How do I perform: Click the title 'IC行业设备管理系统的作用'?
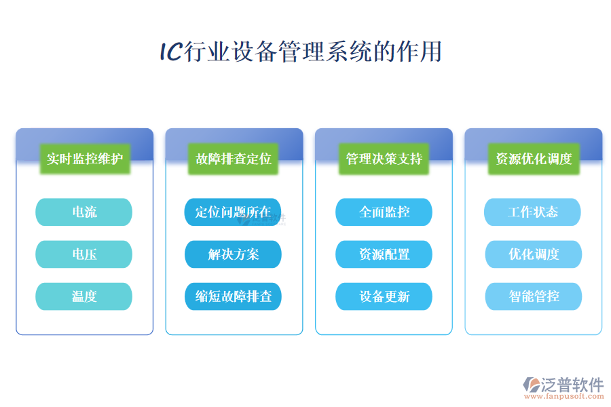coord(301,52)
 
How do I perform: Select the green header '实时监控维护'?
coord(85,159)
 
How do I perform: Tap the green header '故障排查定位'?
coord(234,159)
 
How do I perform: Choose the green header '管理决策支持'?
coord(384,159)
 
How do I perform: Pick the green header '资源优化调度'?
coord(534,159)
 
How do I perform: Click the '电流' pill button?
coord(84,212)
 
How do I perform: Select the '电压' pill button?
coord(84,254)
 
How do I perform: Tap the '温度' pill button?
coord(84,296)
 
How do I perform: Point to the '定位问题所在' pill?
coord(234,212)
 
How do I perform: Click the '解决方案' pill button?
coord(234,254)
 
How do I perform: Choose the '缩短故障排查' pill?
coord(234,296)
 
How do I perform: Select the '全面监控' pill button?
coord(384,212)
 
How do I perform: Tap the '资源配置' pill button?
coord(384,254)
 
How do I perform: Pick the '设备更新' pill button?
coord(384,296)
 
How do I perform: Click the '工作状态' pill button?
coord(533,212)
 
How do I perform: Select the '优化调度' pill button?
coord(533,254)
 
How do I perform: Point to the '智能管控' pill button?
coord(533,296)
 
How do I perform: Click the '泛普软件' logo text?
coord(572,385)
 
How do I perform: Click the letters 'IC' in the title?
coord(170,52)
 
